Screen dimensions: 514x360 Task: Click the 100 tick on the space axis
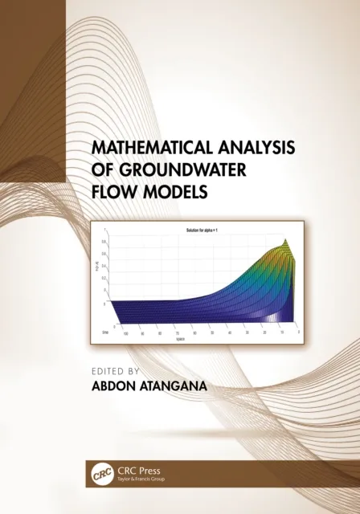point(126,332)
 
